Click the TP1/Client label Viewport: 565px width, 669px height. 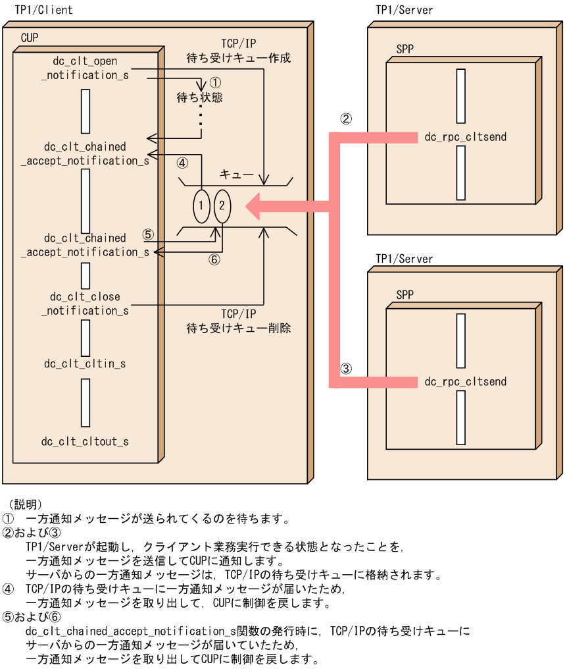tap(44, 10)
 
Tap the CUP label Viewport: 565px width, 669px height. tap(30, 38)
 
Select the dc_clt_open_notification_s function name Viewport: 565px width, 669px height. tap(85, 68)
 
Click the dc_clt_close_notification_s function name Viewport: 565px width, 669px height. tap(85, 304)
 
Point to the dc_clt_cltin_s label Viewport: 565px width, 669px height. tap(85, 363)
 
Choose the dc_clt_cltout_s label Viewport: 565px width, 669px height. tap(85, 441)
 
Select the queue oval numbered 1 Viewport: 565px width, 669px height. tap(201, 205)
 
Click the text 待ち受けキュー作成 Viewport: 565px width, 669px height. tap(238, 58)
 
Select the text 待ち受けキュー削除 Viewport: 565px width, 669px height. tap(238, 327)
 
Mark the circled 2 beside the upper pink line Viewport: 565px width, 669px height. tap(346, 119)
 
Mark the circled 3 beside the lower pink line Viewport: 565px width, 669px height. tap(346, 369)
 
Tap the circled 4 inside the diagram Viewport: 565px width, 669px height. tap(182, 162)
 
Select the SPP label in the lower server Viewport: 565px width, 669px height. tap(405, 294)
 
